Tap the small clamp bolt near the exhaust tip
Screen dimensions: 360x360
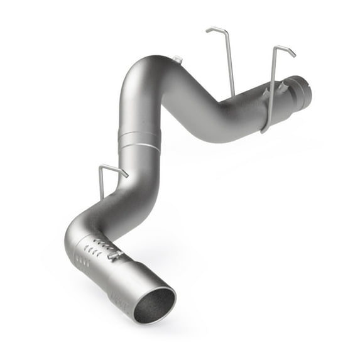pyautogui.click(x=114, y=254)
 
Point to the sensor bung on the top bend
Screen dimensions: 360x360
pyautogui.click(x=178, y=60)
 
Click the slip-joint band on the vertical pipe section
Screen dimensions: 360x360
pyautogui.click(x=138, y=139)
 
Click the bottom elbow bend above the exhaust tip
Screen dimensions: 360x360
pyautogui.click(x=79, y=226)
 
